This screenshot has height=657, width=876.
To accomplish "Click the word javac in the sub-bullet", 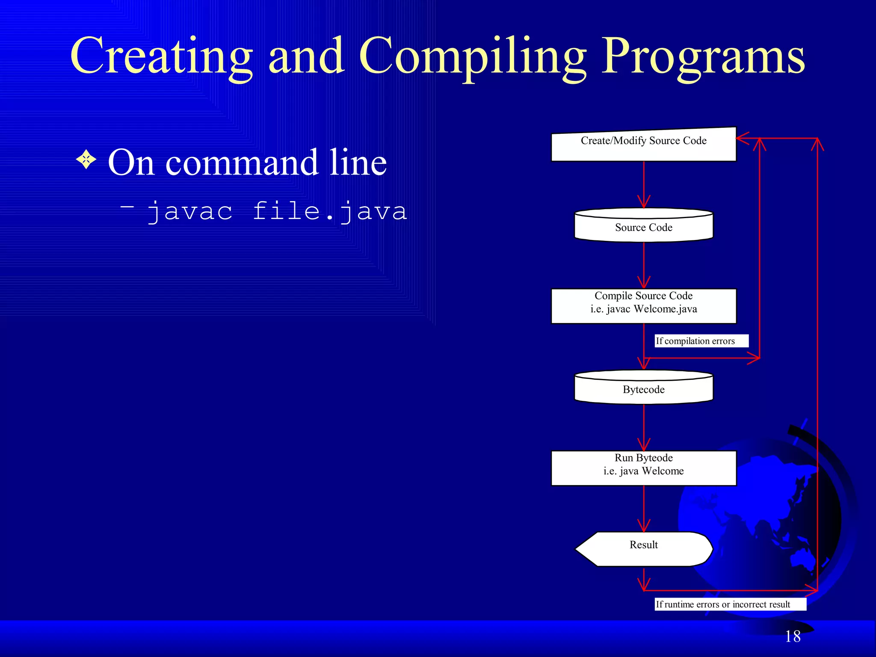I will [190, 212].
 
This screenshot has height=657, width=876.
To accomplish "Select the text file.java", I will [329, 212].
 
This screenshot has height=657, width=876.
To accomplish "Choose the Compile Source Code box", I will [643, 306].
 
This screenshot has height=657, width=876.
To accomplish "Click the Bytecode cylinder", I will [643, 388].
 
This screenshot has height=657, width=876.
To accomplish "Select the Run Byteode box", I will [643, 468].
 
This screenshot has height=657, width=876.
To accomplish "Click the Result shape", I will [643, 549].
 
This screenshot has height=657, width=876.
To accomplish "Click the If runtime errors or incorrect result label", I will [730, 604].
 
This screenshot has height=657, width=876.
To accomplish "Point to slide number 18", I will [792, 636].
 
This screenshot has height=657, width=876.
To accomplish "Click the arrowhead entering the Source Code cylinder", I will [643, 202].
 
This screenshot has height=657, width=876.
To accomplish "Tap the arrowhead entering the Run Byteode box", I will [643, 445].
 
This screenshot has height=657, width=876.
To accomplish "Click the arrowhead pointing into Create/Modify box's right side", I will [742, 138].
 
